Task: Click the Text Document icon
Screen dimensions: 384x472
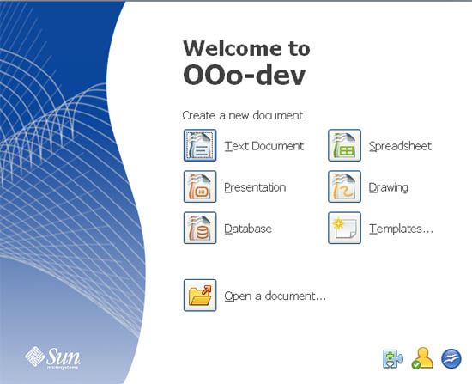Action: pyautogui.click(x=200, y=146)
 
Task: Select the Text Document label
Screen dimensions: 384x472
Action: pyautogui.click(x=263, y=146)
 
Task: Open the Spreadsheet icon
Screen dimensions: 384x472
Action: pyautogui.click(x=344, y=146)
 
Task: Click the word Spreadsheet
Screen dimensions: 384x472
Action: pyautogui.click(x=400, y=146)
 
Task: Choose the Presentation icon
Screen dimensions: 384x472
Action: pyautogui.click(x=200, y=187)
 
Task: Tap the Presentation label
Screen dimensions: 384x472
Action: pyautogui.click(x=255, y=187)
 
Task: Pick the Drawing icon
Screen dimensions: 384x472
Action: pyautogui.click(x=344, y=187)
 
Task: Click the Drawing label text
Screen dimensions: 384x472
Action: pyautogui.click(x=389, y=187)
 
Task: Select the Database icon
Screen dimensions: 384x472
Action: pyautogui.click(x=200, y=229)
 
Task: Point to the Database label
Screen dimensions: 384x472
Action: pyautogui.click(x=248, y=229)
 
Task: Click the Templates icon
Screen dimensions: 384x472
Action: pyautogui.click(x=344, y=229)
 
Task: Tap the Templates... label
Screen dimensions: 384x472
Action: pyautogui.click(x=401, y=229)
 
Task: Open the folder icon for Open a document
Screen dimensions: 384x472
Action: pyautogui.click(x=200, y=296)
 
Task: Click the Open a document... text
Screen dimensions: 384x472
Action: pyautogui.click(x=275, y=296)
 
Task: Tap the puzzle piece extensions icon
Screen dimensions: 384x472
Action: pyautogui.click(x=393, y=358)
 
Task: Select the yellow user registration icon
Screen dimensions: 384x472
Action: pyautogui.click(x=422, y=358)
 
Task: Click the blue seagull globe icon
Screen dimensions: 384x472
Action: pyautogui.click(x=451, y=358)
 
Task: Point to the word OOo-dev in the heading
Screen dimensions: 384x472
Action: pyautogui.click(x=245, y=75)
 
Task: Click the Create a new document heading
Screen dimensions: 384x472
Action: pyautogui.click(x=243, y=115)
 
